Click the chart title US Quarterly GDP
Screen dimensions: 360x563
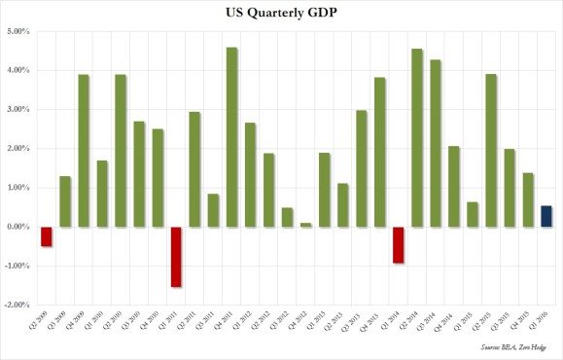click(281, 13)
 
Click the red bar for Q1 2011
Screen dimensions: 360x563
click(176, 257)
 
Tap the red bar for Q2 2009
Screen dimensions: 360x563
click(47, 235)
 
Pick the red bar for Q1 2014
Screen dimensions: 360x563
click(399, 244)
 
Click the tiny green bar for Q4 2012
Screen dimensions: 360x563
click(306, 224)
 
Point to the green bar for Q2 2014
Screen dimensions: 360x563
click(417, 137)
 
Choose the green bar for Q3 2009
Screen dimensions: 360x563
click(65, 201)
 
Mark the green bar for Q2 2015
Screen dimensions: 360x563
click(491, 150)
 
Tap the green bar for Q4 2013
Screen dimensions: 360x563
click(380, 152)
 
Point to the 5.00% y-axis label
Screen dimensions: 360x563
click(18, 32)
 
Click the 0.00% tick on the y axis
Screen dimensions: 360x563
click(18, 227)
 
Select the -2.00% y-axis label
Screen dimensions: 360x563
click(17, 305)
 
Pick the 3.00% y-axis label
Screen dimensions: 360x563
click(18, 110)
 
